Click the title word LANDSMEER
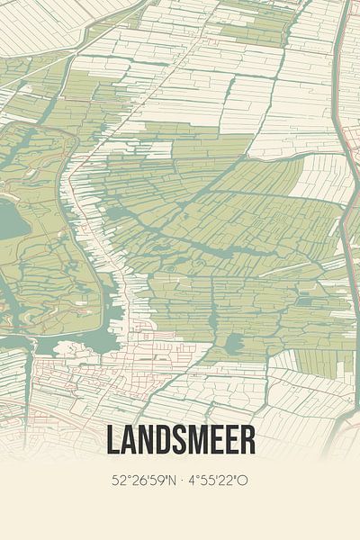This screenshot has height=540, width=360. click(180, 439)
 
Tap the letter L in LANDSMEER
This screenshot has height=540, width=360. click(113, 439)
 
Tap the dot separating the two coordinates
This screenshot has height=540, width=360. click(182, 480)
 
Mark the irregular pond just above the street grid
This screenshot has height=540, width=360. click(101, 342)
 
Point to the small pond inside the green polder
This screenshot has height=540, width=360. click(233, 342)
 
